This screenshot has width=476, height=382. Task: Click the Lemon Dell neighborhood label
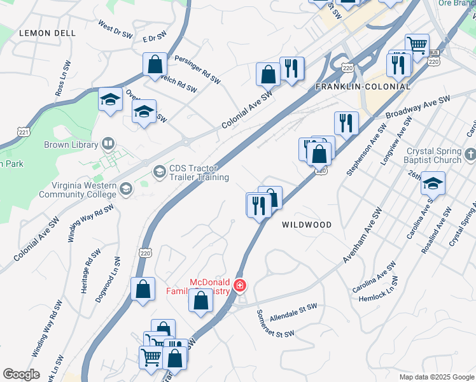pyautogui.click(x=48, y=32)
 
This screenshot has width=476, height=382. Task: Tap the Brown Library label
pyautogui.click(x=70, y=145)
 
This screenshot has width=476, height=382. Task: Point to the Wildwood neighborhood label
pyautogui.click(x=307, y=225)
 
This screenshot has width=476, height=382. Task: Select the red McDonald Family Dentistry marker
pyautogui.click(x=240, y=286)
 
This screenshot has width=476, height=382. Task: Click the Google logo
pyautogui.click(x=21, y=374)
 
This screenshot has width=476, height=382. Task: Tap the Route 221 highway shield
pyautogui.click(x=24, y=132)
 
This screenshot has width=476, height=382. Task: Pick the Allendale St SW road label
pyautogui.click(x=293, y=312)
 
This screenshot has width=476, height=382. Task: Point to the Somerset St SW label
pyautogui.click(x=275, y=324)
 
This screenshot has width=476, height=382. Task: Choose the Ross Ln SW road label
pyautogui.click(x=62, y=78)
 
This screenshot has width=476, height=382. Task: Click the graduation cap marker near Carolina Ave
pyautogui.click(x=433, y=183)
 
